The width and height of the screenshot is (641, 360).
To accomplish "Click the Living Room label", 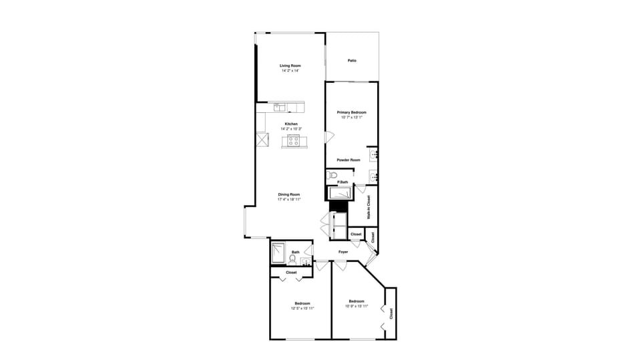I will coord(290,65).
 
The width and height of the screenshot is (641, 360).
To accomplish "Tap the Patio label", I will coord(352,61).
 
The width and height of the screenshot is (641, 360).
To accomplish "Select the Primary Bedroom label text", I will coord(352,112).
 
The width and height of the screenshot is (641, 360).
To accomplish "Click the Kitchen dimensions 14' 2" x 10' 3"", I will coord(290,129).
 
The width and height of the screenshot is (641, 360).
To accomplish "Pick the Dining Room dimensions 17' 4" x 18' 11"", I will coord(290,199).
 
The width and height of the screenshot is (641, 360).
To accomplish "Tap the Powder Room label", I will coord(349,160).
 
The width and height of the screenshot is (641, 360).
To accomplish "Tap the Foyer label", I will coord(343,252).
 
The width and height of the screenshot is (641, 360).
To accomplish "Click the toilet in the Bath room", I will coord(292,258).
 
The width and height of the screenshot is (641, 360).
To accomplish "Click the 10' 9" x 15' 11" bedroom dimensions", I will coord(357,306).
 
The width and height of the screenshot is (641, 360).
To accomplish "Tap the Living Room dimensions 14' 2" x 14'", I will coord(290,70).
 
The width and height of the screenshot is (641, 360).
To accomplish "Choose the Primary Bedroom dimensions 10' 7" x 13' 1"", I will coord(352,118).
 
